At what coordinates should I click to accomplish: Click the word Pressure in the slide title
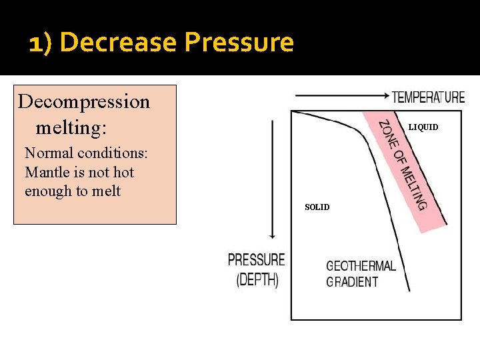point(239,43)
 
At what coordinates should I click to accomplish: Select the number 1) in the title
point(41,43)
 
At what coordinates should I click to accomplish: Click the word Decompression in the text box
point(84,102)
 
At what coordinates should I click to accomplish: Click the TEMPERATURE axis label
point(428,97)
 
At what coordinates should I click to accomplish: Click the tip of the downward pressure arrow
point(272,237)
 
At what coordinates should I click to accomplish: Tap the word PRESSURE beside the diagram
point(256,260)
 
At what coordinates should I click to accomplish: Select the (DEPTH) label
point(257,280)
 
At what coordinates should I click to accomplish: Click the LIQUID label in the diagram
point(423,127)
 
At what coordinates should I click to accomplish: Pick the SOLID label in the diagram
point(317,207)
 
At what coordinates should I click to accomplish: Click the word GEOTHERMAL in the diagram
point(361,266)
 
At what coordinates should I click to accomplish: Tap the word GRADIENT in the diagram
point(352,282)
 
